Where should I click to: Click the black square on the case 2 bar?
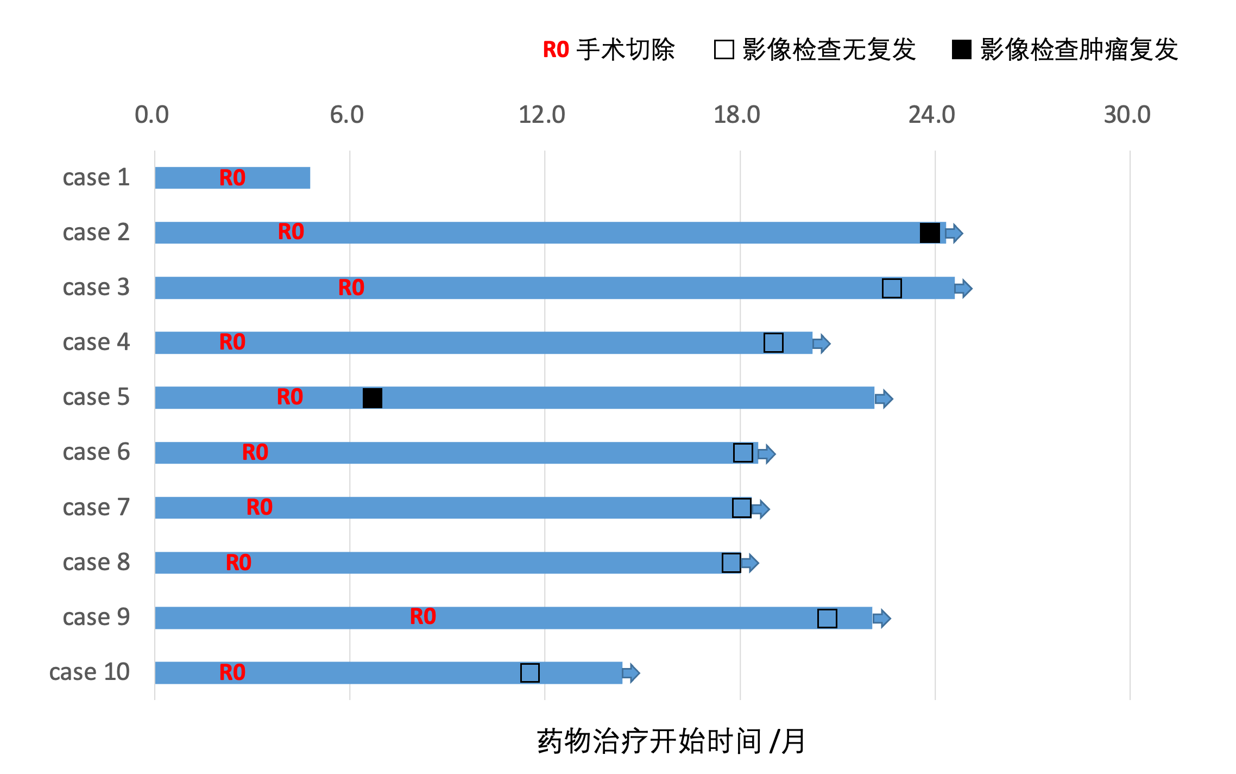tap(930, 233)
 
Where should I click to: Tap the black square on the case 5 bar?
tap(373, 398)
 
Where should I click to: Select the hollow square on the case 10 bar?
tap(530, 673)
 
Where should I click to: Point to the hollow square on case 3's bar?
tap(892, 288)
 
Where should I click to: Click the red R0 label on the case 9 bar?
tap(423, 617)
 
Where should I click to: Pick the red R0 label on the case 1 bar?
tap(232, 178)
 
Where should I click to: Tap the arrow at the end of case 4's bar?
tap(822, 343)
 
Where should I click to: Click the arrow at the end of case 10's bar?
tap(631, 673)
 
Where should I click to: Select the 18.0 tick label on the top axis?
tap(736, 115)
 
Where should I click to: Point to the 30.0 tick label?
tap(1127, 115)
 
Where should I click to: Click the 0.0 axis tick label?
tap(152, 115)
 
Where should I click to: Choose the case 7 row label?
tap(96, 508)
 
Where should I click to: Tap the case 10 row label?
tap(90, 672)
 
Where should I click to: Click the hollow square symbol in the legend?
tap(724, 49)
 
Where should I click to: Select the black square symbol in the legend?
tap(961, 49)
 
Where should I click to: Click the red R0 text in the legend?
tap(556, 50)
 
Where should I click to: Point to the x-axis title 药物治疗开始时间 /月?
tap(671, 741)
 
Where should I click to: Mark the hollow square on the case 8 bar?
tap(731, 563)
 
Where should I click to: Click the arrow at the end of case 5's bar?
tap(884, 398)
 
